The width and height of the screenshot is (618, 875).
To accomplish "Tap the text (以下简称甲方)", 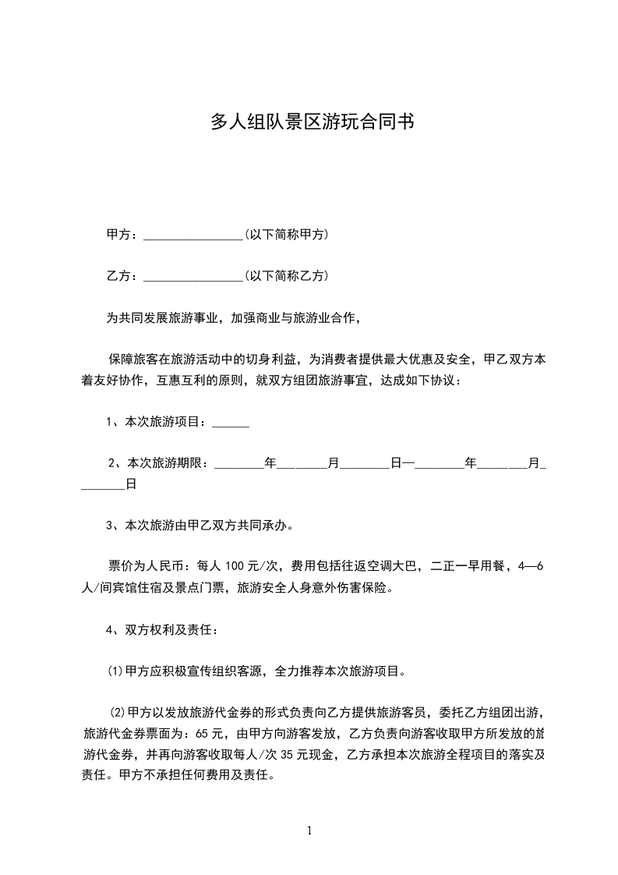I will click(286, 235).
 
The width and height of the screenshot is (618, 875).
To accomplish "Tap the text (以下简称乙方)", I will click(286, 276).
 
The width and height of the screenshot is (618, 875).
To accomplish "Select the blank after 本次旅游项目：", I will click(231, 424).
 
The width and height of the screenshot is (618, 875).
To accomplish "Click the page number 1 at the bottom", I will click(309, 831).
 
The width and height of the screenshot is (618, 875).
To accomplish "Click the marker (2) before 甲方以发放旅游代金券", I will click(118, 713).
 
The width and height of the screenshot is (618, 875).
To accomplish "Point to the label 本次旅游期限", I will click(167, 463).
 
